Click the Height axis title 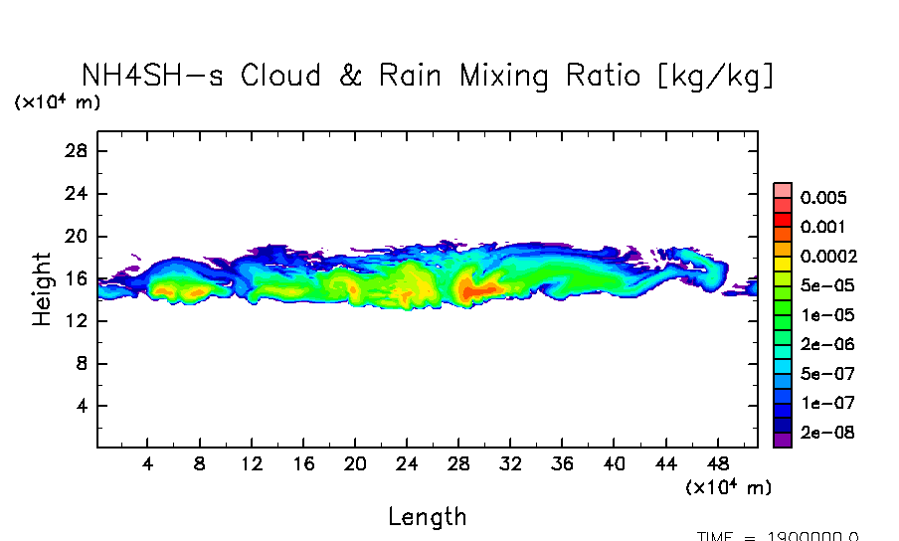pyautogui.click(x=42, y=288)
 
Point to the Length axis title pyautogui.click(x=427, y=517)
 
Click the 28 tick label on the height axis pyautogui.click(x=78, y=151)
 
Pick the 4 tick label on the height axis pyautogui.click(x=83, y=407)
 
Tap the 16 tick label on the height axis pyautogui.click(x=78, y=279)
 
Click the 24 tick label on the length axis pyautogui.click(x=407, y=463)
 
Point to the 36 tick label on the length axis pyautogui.click(x=562, y=463)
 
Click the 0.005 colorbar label pyautogui.click(x=823, y=198)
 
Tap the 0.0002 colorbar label pyautogui.click(x=828, y=257)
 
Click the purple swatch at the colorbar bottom pyautogui.click(x=783, y=440)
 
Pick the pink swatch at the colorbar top pyautogui.click(x=783, y=190)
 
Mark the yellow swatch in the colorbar pyautogui.click(x=783, y=264)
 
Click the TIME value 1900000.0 pyautogui.click(x=815, y=536)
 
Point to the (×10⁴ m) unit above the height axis pyautogui.click(x=57, y=102)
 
